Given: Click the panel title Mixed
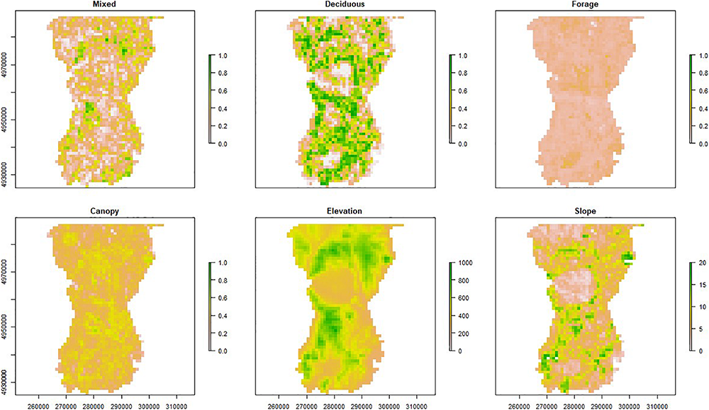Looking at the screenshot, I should coord(105,4).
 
